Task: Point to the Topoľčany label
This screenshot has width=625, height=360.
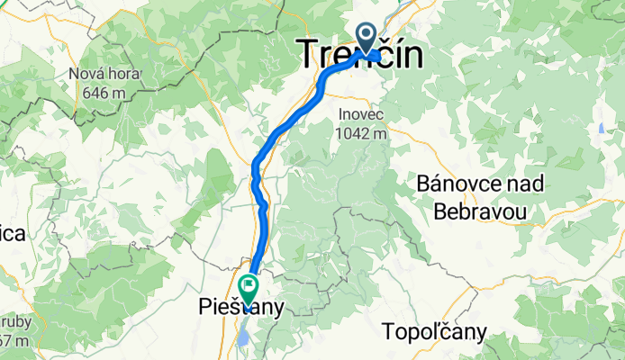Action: click(435, 332)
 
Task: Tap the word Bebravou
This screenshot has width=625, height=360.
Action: click(479, 211)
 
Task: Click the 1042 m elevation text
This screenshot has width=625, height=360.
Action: click(362, 134)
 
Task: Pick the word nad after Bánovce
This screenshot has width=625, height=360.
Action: click(526, 184)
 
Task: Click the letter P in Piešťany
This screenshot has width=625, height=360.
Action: click(204, 308)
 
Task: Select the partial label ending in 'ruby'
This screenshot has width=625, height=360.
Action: click(13, 322)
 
